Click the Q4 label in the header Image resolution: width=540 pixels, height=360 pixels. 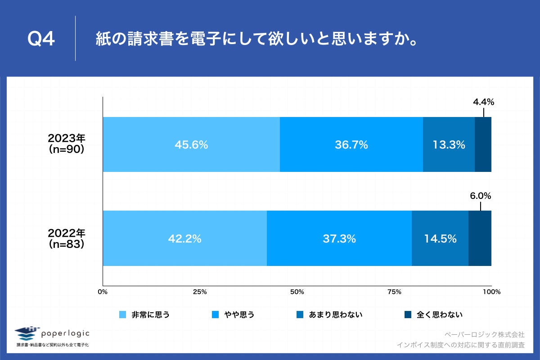pos(41,39)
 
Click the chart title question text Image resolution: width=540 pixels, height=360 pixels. pos(255,39)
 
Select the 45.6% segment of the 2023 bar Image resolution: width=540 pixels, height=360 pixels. pos(191,144)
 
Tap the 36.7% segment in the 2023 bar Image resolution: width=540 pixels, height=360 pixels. pos(351,144)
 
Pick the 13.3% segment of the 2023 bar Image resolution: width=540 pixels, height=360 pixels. pos(449,144)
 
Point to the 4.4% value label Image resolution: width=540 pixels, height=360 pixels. pos(483,102)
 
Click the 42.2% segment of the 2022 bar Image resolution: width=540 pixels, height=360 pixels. pos(184,238)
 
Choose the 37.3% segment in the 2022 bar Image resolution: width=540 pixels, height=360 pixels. pos(339,238)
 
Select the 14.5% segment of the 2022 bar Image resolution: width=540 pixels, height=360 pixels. pos(440,238)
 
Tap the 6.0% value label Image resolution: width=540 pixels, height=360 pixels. pos(480,196)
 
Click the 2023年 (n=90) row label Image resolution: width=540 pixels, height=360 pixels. pos(67,144)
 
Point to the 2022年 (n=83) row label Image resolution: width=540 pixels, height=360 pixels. pos(67,238)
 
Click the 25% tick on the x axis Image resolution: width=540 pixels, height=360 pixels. pos(200,292)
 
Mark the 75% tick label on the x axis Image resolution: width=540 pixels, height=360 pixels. pos(394,292)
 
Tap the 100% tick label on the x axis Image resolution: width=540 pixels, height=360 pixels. pos(491,292)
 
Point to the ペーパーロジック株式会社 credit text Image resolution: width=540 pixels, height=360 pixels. pos(484,334)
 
